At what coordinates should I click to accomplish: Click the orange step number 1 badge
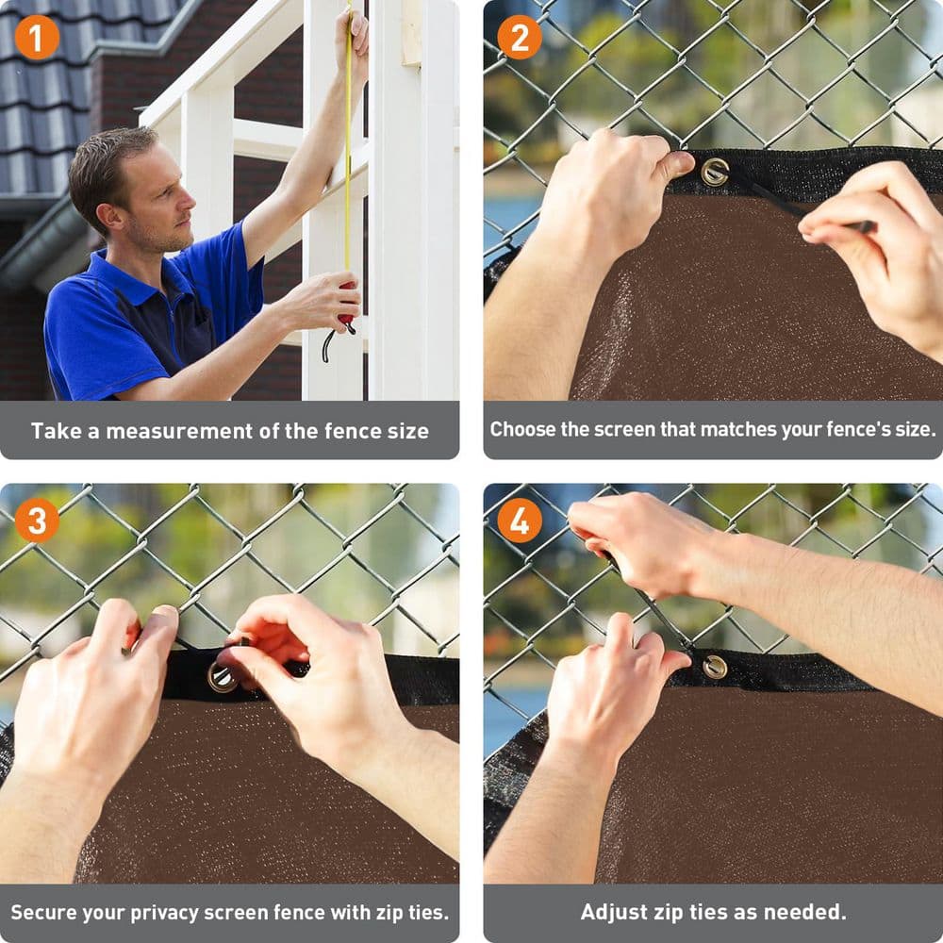pos(37,37)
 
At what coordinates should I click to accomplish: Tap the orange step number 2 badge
pos(520,37)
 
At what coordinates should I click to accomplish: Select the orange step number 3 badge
pos(37,520)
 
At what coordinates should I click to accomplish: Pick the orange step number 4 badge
pos(520,520)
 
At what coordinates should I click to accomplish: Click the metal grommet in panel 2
pos(715,172)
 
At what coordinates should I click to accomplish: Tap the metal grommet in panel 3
pos(223,676)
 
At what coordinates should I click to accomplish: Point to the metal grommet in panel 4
pos(715,666)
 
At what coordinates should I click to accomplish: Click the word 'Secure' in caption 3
pos(43,912)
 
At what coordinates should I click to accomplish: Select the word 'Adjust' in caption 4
pos(613,912)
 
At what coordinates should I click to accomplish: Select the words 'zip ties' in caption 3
pos(400,912)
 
